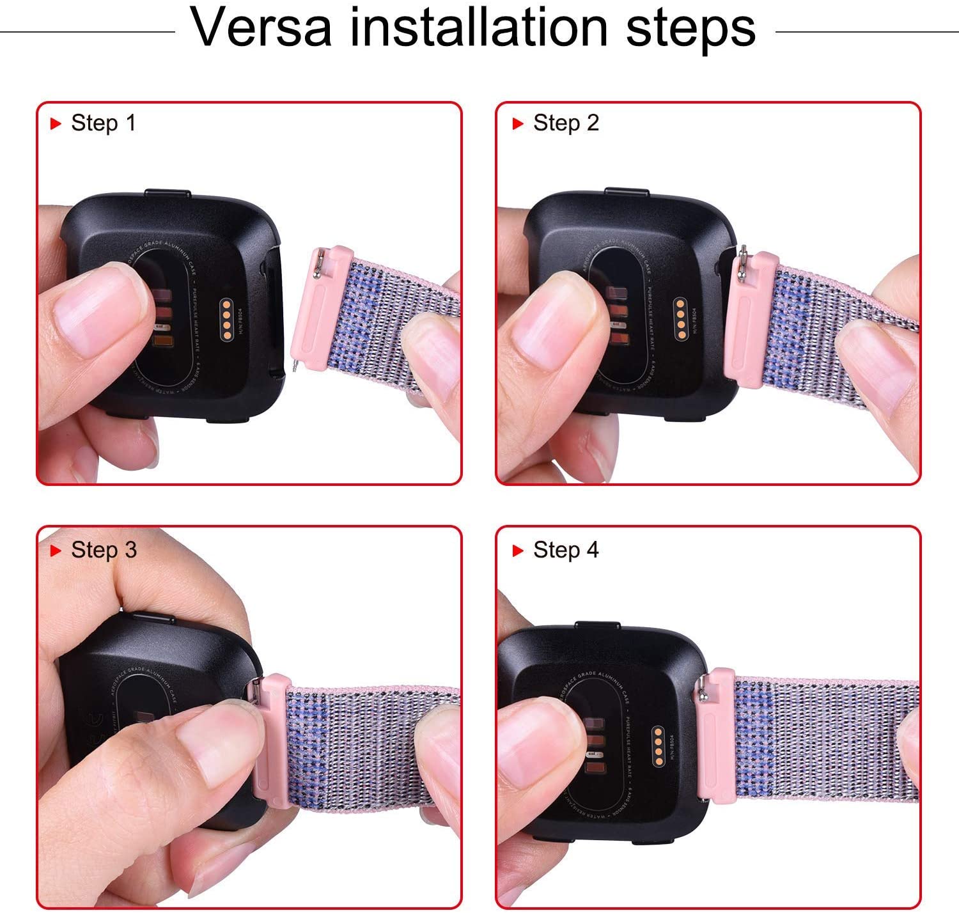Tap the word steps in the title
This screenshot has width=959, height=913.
point(690,29)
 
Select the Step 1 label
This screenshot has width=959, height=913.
point(104,123)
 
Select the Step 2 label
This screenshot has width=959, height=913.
point(566,123)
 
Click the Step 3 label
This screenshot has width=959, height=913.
point(104,550)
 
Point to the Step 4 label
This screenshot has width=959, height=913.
point(566,550)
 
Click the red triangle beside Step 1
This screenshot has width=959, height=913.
point(56,123)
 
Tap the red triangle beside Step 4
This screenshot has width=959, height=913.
point(518,550)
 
